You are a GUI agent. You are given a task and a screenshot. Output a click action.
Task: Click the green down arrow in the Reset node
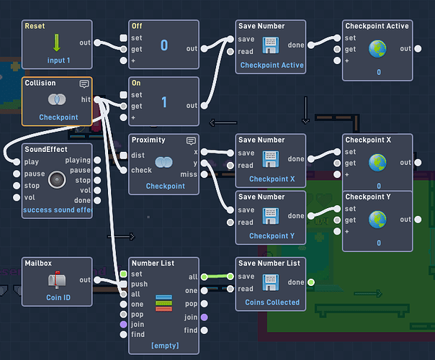[57, 42]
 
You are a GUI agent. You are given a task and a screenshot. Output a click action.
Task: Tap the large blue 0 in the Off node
[164, 45]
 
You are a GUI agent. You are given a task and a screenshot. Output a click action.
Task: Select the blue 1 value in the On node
[164, 102]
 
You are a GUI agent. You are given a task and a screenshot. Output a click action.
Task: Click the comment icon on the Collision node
[84, 84]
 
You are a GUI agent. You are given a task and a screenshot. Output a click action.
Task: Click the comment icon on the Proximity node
[191, 141]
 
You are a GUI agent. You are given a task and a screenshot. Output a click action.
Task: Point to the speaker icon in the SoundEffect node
[57, 180]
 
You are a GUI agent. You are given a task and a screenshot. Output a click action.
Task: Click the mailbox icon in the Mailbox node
[57, 279]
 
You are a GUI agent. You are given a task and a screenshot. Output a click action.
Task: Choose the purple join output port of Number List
[205, 318]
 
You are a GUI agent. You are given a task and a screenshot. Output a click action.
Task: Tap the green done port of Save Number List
[311, 282]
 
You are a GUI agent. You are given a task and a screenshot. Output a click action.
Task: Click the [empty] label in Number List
[165, 346]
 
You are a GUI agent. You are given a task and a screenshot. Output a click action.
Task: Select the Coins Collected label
[272, 302]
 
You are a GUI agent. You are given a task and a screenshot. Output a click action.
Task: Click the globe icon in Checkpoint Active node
[377, 49]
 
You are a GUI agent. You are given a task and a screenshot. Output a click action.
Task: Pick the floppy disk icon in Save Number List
[271, 283]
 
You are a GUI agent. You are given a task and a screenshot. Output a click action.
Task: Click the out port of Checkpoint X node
[418, 163]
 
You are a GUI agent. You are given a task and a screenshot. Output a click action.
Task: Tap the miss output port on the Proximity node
[205, 174]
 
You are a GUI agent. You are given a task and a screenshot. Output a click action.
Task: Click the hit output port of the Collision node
[97, 99]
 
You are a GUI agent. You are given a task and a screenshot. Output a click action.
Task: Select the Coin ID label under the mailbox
[58, 297]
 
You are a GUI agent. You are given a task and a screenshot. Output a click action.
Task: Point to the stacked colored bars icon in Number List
[164, 303]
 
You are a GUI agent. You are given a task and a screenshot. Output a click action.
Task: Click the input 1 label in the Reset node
[58, 60]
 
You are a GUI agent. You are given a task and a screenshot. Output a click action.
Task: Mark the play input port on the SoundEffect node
[17, 162]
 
